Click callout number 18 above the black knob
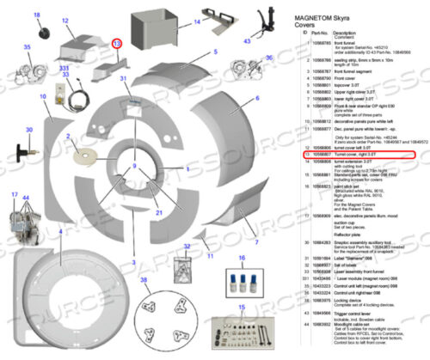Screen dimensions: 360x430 click(x=36, y=16)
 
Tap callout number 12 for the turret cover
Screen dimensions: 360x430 click(x=65, y=18)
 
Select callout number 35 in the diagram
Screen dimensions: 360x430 click(x=27, y=47)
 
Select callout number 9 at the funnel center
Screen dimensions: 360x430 click(x=134, y=165)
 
